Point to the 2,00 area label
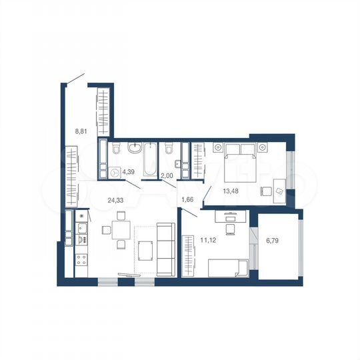tap(168, 175)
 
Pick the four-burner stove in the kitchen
tap(82, 259)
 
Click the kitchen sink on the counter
tap(82, 233)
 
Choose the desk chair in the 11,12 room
tap(231, 229)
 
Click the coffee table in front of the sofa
tap(145, 252)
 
